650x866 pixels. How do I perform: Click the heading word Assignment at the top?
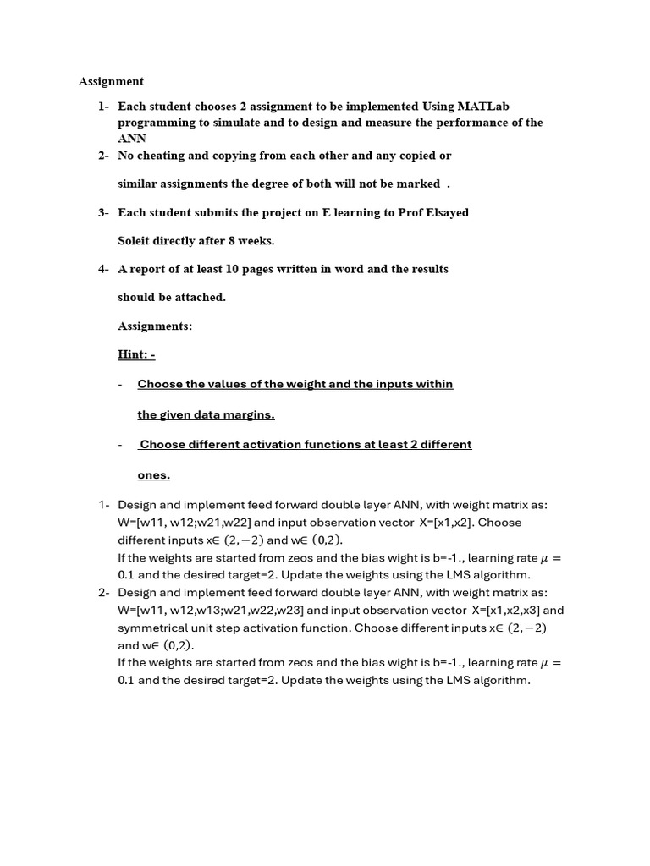pyautogui.click(x=111, y=82)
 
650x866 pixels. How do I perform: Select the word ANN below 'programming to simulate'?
pyautogui.click(x=132, y=139)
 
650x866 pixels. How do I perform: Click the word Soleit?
pyautogui.click(x=136, y=240)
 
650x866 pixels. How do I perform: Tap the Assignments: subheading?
pyautogui.click(x=155, y=326)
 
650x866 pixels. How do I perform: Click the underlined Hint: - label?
pyautogui.click(x=135, y=354)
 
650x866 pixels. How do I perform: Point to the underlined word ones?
pyautogui.click(x=153, y=475)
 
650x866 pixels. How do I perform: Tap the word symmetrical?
pyautogui.click(x=152, y=628)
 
